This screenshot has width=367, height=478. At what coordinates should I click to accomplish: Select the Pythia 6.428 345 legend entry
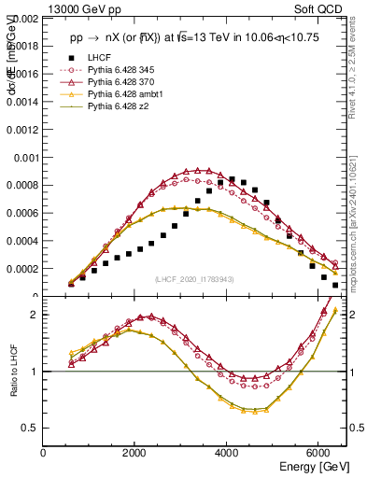click(125, 70)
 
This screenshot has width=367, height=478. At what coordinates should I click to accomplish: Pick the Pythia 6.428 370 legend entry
click(125, 82)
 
